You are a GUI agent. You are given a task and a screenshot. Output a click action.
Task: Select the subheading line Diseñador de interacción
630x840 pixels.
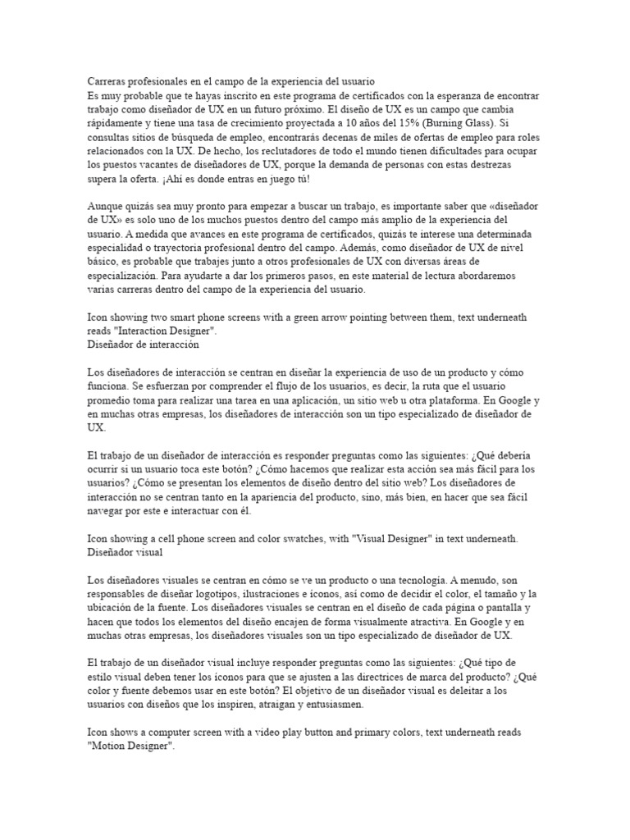click(143, 345)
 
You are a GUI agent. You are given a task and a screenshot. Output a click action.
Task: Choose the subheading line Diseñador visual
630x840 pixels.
click(126, 553)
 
